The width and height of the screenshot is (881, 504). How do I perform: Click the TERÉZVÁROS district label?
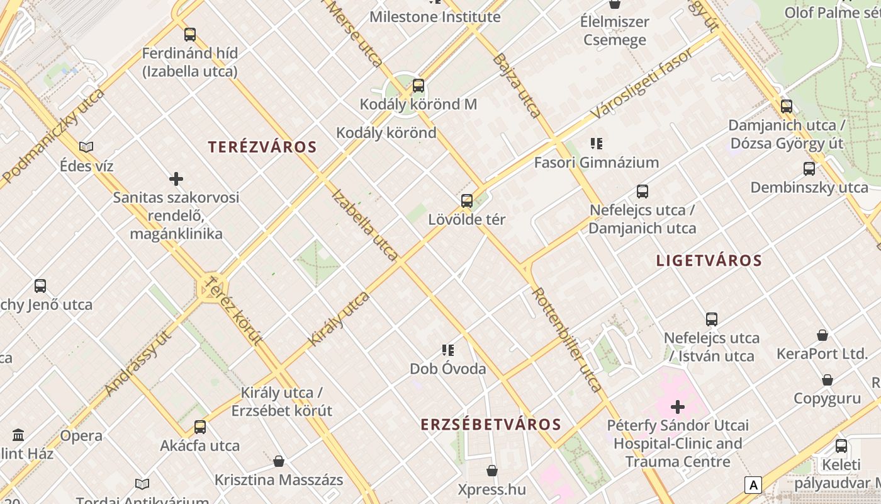tap(262, 147)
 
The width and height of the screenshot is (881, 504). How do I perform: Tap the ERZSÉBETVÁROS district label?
tap(491, 425)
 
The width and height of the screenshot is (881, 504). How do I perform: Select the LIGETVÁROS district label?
tap(709, 261)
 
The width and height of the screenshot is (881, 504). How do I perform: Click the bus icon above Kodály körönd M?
tap(418, 86)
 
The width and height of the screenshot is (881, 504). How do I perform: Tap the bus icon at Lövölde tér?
tap(467, 201)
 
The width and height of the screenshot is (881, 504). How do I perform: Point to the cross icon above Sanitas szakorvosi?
tap(176, 179)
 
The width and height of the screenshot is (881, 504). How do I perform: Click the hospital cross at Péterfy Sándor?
tap(678, 407)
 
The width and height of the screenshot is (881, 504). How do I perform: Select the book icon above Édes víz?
tap(86, 147)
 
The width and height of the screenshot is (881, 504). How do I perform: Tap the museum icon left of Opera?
tap(18, 435)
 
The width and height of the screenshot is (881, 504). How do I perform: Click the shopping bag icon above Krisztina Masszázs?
tap(279, 462)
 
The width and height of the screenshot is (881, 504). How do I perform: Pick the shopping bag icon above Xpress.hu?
tap(492, 471)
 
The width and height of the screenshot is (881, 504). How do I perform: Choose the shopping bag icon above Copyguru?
tap(828, 380)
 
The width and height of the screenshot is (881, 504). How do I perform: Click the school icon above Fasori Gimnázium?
tap(596, 144)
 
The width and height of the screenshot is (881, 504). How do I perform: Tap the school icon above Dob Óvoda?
tap(447, 350)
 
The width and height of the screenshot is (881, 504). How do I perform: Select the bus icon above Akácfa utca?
tap(200, 427)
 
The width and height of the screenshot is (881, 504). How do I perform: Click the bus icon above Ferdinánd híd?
tap(190, 35)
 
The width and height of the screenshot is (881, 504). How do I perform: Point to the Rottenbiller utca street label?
tap(566, 340)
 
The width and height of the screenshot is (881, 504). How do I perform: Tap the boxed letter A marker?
tap(753, 484)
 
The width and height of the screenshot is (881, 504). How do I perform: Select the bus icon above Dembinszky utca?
tap(809, 169)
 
